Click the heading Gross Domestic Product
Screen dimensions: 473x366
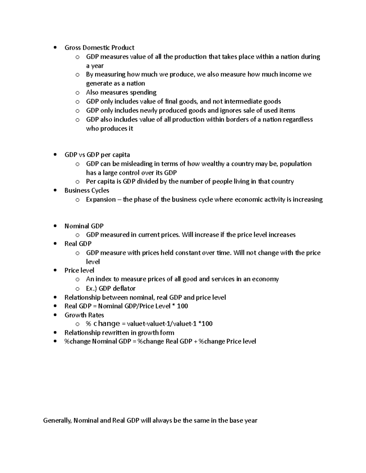point(99,48)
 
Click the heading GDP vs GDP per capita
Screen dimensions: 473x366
point(97,155)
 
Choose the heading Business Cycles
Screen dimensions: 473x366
point(87,190)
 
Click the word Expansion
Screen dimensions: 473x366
point(101,200)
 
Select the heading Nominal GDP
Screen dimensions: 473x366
point(84,226)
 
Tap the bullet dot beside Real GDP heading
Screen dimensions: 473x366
point(55,244)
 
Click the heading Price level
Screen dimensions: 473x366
point(79,270)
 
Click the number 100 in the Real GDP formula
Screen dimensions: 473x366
point(182,306)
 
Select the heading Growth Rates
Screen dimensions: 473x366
point(84,315)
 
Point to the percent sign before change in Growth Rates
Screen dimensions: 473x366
point(89,324)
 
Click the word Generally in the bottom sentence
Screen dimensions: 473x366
point(57,421)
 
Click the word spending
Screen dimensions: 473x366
point(143,93)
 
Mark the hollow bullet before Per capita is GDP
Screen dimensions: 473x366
point(77,182)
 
